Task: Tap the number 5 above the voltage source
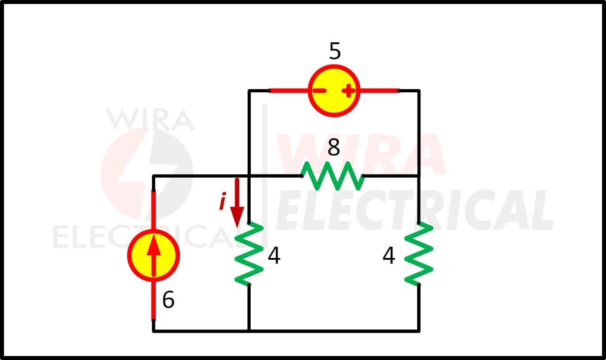click(x=335, y=51)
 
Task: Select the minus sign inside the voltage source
click(x=319, y=91)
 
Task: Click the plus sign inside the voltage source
click(x=348, y=91)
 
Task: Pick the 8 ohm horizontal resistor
click(x=332, y=176)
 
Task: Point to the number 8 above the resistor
click(x=334, y=147)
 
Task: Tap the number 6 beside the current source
click(x=168, y=299)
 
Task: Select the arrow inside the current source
click(x=154, y=255)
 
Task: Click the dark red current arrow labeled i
click(x=237, y=203)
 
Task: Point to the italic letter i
click(x=222, y=201)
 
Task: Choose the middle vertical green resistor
click(x=249, y=254)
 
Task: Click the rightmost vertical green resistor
click(x=419, y=254)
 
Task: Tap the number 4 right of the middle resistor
click(x=274, y=255)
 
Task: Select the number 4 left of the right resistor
click(x=389, y=255)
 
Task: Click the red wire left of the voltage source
click(x=289, y=91)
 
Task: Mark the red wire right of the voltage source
click(x=380, y=91)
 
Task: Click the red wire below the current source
click(x=154, y=301)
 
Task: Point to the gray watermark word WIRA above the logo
click(x=151, y=119)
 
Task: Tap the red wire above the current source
click(x=154, y=210)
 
